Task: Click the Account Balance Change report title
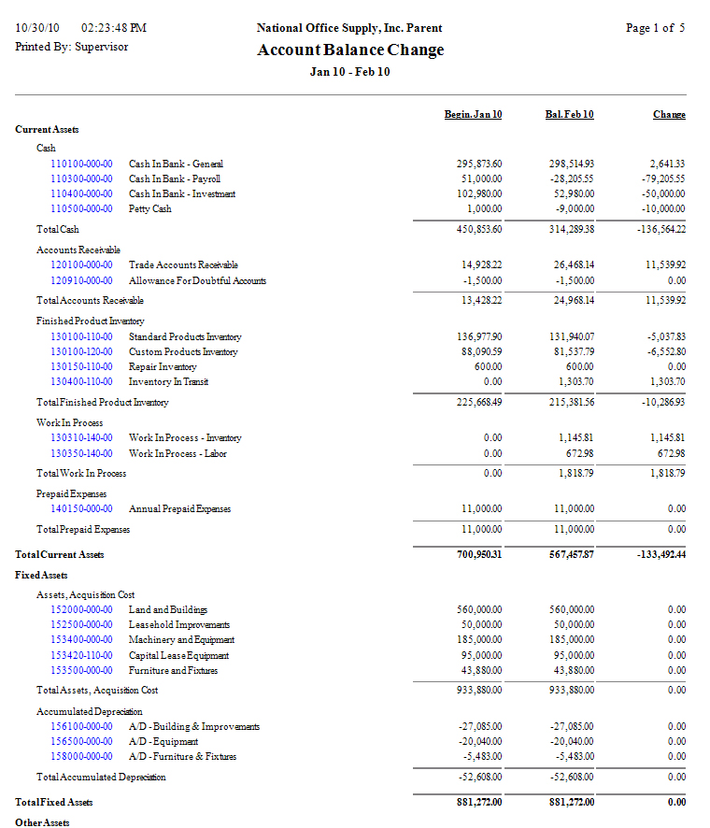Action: click(x=350, y=50)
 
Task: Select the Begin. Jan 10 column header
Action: click(x=473, y=114)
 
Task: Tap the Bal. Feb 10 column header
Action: click(x=569, y=114)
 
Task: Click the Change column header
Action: click(x=669, y=114)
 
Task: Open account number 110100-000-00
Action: click(x=81, y=164)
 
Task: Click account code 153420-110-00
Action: click(x=81, y=655)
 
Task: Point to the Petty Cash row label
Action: click(x=149, y=209)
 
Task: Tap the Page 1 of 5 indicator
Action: click(x=655, y=28)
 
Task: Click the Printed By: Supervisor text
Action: click(x=72, y=46)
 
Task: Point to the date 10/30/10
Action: click(x=37, y=28)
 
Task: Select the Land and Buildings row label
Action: click(x=168, y=609)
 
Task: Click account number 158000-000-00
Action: click(x=81, y=756)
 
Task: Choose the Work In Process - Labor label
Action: click(x=177, y=453)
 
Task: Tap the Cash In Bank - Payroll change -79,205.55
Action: click(x=659, y=178)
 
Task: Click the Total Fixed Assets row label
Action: click(x=54, y=802)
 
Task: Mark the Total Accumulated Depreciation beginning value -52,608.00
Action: click(x=479, y=777)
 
